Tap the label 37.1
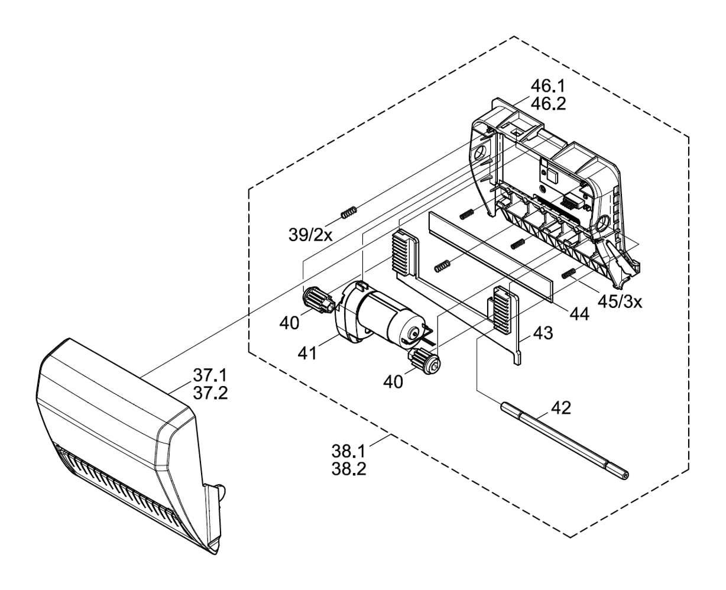coord(210,375)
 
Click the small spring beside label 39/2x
coord(349,210)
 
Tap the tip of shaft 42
coord(625,473)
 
